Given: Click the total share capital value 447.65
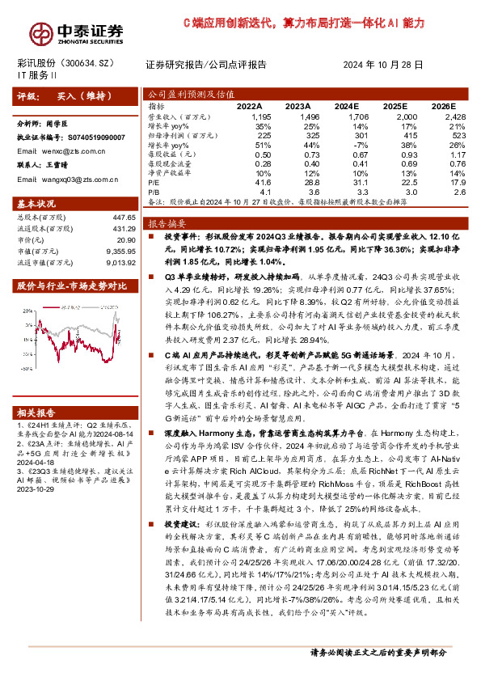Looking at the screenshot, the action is point(122,218).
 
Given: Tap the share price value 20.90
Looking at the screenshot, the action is point(126,241).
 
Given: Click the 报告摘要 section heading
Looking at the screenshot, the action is point(168,222).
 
